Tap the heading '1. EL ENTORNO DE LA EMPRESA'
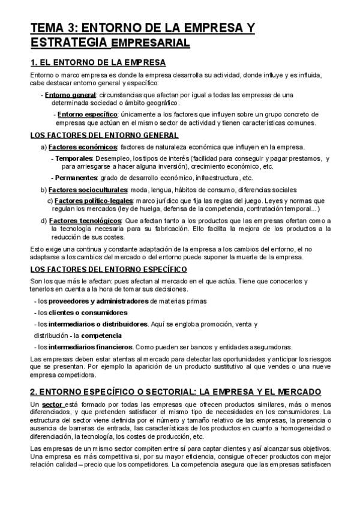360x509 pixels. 98,62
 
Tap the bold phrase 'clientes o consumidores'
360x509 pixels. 88,312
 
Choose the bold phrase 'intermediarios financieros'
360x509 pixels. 91,347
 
